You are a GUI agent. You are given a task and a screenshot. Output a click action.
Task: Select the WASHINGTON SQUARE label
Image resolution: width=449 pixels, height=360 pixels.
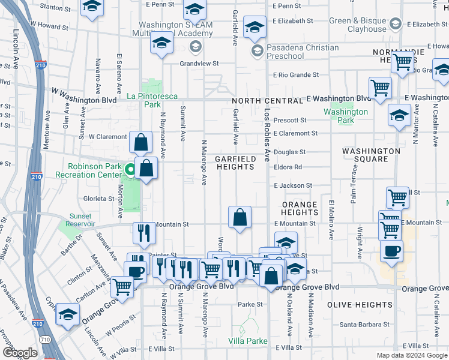[x=370, y=155]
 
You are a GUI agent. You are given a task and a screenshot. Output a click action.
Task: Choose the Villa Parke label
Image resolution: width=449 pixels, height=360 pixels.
[x=248, y=341]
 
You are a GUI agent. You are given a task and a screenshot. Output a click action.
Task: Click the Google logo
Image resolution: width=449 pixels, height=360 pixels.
[x=20, y=353]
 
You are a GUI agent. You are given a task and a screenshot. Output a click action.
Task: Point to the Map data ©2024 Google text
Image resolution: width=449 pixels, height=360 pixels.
[x=412, y=355]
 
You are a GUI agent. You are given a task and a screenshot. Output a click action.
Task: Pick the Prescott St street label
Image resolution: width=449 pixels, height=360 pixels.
[x=290, y=120]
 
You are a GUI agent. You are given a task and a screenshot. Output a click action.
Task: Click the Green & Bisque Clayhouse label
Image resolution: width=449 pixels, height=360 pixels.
[x=358, y=25]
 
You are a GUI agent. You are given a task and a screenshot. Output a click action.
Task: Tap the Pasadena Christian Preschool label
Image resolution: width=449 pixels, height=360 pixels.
[x=294, y=51]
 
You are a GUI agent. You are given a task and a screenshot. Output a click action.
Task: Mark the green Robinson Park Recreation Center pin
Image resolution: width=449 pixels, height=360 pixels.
[x=128, y=168]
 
